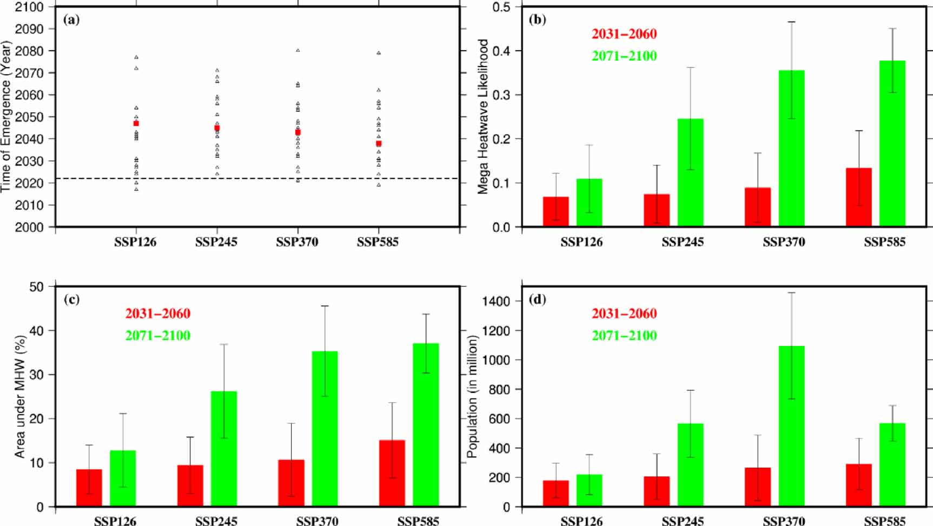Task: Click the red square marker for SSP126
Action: pyautogui.click(x=136, y=123)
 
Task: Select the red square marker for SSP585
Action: pyautogui.click(x=379, y=144)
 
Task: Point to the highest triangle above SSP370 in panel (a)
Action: pyautogui.click(x=297, y=50)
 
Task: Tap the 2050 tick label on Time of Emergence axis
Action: pyautogui.click(x=29, y=117)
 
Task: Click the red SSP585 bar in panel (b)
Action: pyautogui.click(x=858, y=197)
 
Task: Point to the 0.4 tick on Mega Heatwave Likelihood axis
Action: pyautogui.click(x=503, y=51)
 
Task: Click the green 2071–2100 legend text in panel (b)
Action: pyautogui.click(x=624, y=56)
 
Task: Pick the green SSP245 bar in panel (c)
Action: pyautogui.click(x=223, y=449)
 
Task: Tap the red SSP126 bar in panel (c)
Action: pyautogui.click(x=89, y=488)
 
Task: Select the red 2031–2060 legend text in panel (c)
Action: pyautogui.click(x=157, y=314)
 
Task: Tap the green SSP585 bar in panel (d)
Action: pyautogui.click(x=892, y=465)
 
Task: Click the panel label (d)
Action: pyautogui.click(x=537, y=299)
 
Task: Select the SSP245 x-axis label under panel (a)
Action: pyautogui.click(x=216, y=242)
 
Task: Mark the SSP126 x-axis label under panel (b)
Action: pyautogui.click(x=581, y=242)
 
